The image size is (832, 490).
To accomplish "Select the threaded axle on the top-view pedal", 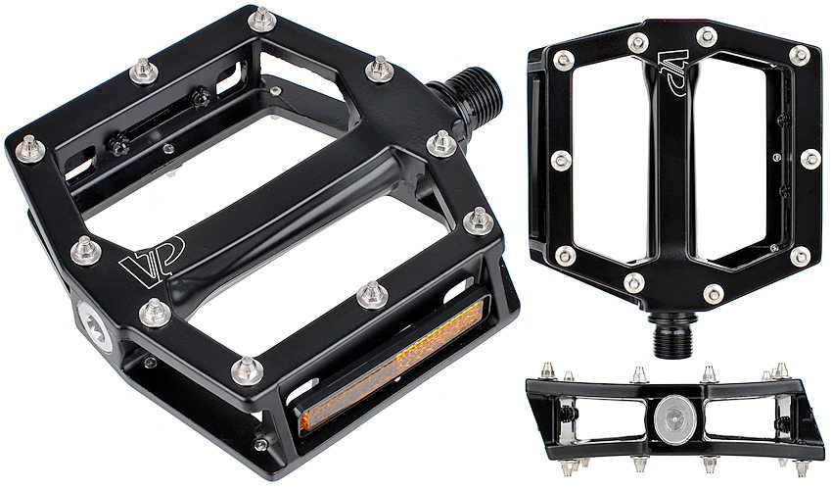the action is pos(671,335).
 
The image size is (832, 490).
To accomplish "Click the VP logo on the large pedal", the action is pos(152,262).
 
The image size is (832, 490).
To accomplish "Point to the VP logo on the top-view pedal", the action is pos(673,72).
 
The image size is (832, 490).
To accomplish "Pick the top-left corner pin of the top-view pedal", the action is pos(564,60).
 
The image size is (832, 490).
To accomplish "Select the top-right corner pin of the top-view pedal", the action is pos(799,55).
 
